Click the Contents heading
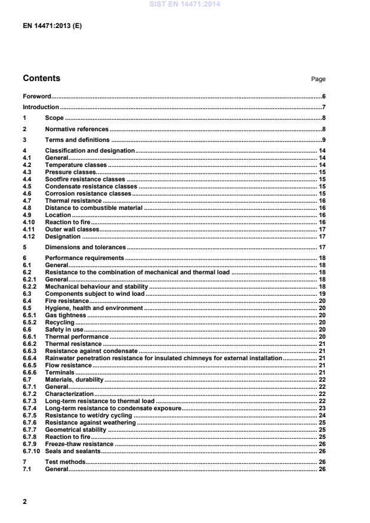[x=41, y=78]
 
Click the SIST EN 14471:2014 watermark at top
[x=184, y=5]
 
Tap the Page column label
[x=318, y=79]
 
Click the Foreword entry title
[x=36, y=96]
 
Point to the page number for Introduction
[x=323, y=107]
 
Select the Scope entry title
[x=54, y=118]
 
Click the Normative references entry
[x=77, y=129]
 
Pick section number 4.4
[x=27, y=179]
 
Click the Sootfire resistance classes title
[x=85, y=179]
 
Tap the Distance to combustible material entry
[x=94, y=208]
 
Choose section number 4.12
[x=29, y=236]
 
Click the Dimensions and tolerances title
[x=85, y=247]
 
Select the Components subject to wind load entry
[x=95, y=293]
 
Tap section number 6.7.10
[x=30, y=451]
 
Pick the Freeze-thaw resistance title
[x=79, y=444]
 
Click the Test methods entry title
[x=66, y=462]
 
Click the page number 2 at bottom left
[x=24, y=502]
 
